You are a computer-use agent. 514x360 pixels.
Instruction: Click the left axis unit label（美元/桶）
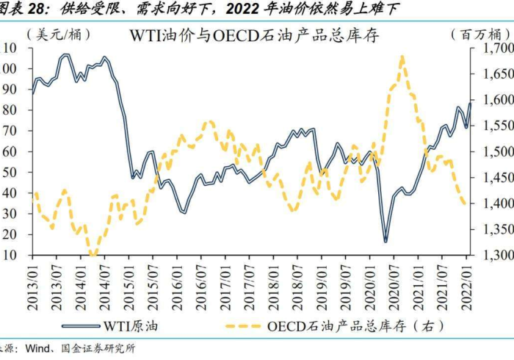pyautogui.click(x=53, y=35)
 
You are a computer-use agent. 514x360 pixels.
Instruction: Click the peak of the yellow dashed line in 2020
pyautogui.click(x=402, y=57)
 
